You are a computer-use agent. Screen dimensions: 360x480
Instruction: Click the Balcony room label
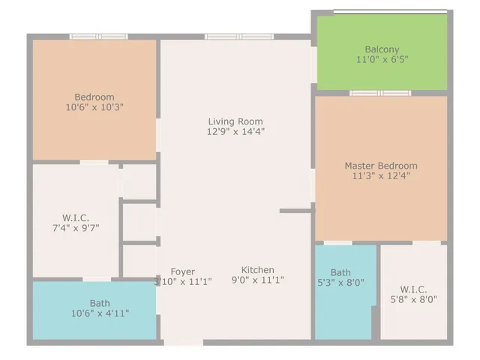click(x=382, y=49)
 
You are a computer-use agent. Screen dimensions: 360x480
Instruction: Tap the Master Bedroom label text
click(x=381, y=166)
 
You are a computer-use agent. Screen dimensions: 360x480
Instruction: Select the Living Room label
click(x=235, y=121)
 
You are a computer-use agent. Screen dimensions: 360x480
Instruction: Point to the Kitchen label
click(x=257, y=270)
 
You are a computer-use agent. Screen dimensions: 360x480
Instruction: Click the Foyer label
click(x=183, y=271)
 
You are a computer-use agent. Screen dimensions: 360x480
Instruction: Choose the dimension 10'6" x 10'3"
click(x=94, y=107)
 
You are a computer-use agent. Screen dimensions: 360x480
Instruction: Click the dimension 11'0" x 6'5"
click(x=382, y=60)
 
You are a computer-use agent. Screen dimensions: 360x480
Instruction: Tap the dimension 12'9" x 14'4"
click(x=235, y=132)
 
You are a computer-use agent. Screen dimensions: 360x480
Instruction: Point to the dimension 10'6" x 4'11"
click(x=100, y=313)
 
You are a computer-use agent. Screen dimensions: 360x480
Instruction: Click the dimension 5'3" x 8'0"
click(x=340, y=283)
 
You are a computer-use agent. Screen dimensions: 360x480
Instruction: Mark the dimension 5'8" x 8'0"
click(x=413, y=299)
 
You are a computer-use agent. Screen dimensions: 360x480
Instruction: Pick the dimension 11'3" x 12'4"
click(x=381, y=176)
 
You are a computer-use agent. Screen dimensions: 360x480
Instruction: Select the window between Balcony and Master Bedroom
click(x=379, y=93)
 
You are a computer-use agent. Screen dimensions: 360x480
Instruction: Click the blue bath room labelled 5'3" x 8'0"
click(x=343, y=300)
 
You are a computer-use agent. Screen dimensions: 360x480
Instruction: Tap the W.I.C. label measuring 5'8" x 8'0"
click(x=413, y=289)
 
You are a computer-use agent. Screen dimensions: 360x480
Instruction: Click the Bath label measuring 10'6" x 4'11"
click(x=100, y=303)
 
